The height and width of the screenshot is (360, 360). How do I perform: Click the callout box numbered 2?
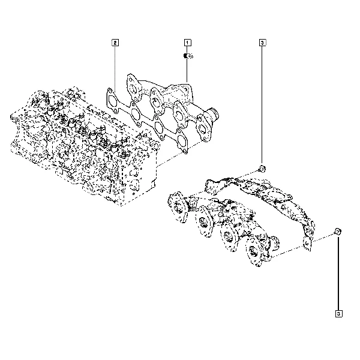click(x=115, y=43)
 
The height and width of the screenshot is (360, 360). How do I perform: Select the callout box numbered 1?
click(x=187, y=43)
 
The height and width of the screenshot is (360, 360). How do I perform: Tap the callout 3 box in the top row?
click(x=262, y=43)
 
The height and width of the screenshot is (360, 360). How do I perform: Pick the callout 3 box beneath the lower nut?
click(x=338, y=314)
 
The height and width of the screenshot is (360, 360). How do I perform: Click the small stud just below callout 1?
click(x=188, y=56)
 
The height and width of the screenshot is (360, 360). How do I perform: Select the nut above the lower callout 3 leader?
click(x=338, y=232)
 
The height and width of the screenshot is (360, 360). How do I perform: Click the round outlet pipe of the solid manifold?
click(x=212, y=115)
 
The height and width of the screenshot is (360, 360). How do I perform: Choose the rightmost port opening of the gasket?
click(x=181, y=141)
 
